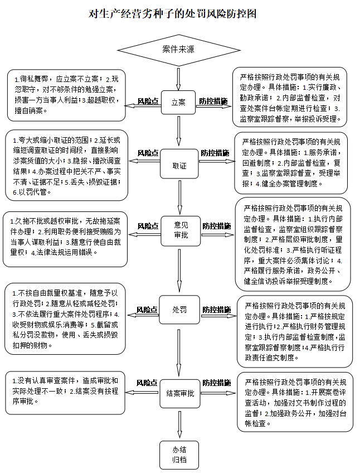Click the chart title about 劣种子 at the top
[179, 14]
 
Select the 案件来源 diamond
[178, 50]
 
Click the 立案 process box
[178, 103]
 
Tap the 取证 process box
[179, 166]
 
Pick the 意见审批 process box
[179, 230]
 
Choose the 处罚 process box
[179, 309]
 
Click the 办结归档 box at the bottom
[179, 455]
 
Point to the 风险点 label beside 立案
[148, 102]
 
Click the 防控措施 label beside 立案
[213, 102]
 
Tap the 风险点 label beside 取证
[148, 153]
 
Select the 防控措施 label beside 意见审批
[216, 226]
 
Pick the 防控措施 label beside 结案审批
[216, 383]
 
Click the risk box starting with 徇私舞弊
[67, 95]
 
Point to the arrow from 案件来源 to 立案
[178, 79]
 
